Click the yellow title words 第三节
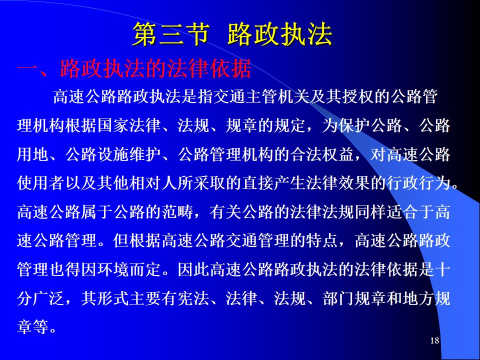(171, 34)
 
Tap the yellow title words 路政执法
(280, 34)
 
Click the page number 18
(434, 340)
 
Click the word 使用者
(41, 183)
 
